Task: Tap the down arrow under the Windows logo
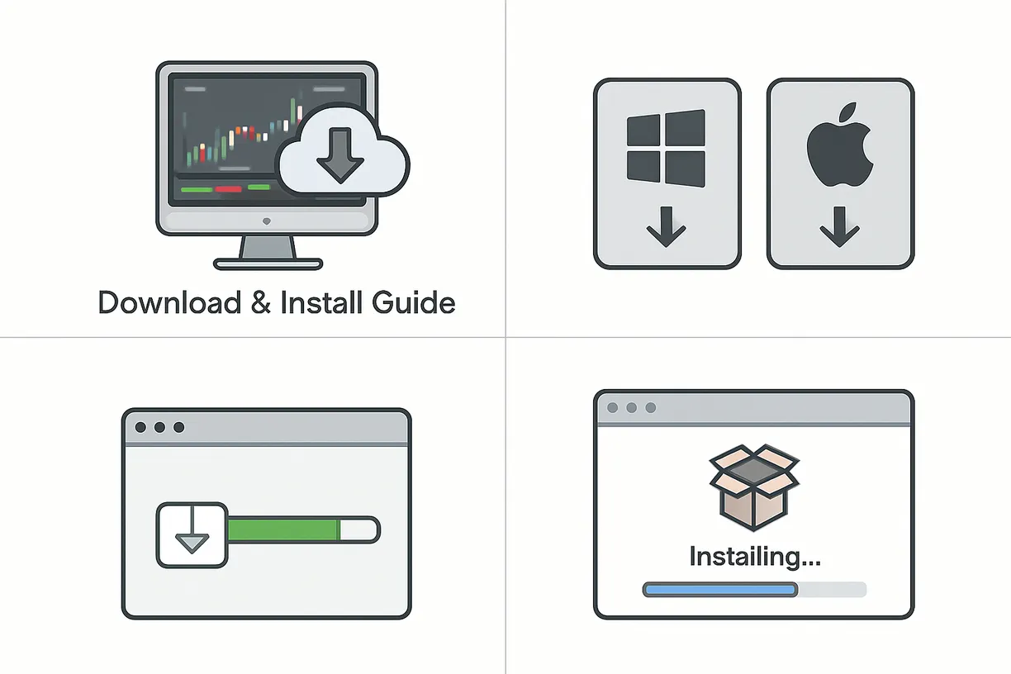[666, 227]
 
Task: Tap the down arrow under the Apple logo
[840, 227]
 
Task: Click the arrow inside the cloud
[339, 160]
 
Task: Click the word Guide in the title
[413, 302]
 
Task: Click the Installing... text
[754, 556]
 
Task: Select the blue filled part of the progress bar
[719, 589]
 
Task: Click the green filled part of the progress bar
[283, 530]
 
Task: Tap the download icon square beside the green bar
[192, 534]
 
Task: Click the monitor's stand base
[267, 264]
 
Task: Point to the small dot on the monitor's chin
[266, 221]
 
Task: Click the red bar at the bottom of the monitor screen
[228, 189]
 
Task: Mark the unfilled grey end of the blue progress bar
[832, 589]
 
